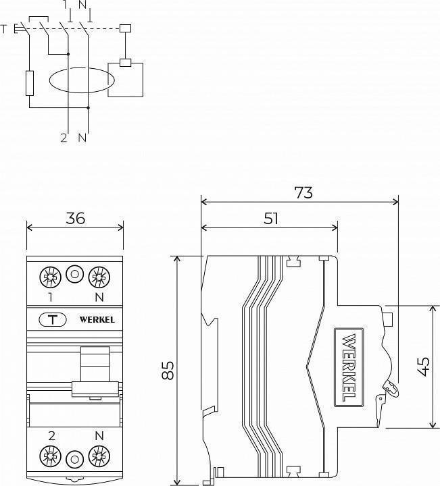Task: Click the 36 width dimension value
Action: (x=74, y=217)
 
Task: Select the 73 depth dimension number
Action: (x=303, y=192)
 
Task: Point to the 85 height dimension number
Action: (x=168, y=369)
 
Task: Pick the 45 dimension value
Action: (x=423, y=366)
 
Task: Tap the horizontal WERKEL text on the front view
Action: (x=97, y=319)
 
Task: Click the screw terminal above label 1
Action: (x=49, y=275)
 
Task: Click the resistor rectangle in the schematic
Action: (x=30, y=83)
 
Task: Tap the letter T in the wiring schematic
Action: (x=5, y=28)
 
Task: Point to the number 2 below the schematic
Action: (x=64, y=138)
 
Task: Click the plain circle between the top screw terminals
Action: (x=75, y=275)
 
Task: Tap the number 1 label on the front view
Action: (x=50, y=296)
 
